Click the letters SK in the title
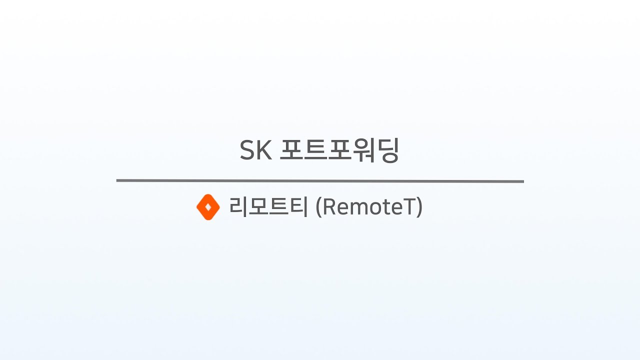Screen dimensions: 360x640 (x=255, y=150)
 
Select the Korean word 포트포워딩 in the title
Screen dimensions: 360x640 (x=339, y=150)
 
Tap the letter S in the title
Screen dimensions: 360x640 (x=247, y=150)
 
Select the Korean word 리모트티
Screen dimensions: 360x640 (x=268, y=206)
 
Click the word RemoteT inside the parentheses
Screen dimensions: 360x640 (x=369, y=206)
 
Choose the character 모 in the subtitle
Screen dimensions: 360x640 (x=258, y=206)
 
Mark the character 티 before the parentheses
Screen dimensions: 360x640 (x=298, y=206)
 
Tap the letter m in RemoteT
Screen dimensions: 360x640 (x=355, y=207)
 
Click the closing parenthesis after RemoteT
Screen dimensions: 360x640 (x=419, y=207)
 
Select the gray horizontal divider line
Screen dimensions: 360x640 (x=320, y=181)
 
